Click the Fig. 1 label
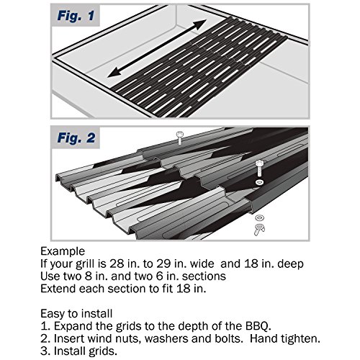coord(76,16)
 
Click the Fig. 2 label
coord(76,138)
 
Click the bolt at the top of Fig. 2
coord(179,138)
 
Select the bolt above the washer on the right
coord(259,168)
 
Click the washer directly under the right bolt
coord(259,182)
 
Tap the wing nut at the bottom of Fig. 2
coord(259,229)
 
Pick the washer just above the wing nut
coord(260,217)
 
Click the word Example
coord(63,251)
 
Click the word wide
coord(202,264)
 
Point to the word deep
coord(290,264)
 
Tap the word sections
coord(204,276)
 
